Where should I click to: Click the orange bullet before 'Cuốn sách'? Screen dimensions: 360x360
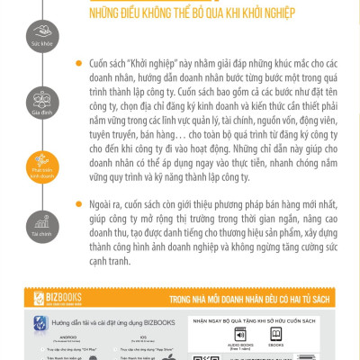[x=81, y=66]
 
